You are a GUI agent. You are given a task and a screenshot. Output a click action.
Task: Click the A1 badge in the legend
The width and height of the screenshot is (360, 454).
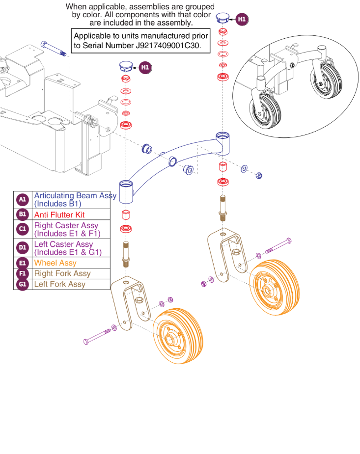click(x=22, y=199)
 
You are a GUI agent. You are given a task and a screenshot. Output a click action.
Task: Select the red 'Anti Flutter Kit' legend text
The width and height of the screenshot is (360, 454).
click(x=59, y=215)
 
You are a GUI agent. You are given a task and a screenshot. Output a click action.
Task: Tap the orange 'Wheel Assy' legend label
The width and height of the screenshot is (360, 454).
click(x=55, y=263)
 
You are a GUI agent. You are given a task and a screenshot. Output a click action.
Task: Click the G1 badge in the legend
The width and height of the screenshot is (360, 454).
click(x=22, y=284)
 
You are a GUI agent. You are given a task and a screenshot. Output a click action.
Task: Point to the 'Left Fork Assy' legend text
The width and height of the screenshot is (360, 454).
click(x=59, y=284)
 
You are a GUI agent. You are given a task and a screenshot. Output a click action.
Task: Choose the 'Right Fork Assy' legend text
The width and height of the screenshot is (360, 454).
click(x=62, y=273)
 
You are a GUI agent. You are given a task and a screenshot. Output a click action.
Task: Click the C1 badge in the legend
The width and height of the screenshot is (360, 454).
click(x=22, y=229)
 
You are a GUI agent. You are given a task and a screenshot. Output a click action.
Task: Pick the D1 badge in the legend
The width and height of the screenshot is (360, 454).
click(x=22, y=247)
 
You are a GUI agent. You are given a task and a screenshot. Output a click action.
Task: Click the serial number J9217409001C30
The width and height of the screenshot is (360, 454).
click(x=167, y=46)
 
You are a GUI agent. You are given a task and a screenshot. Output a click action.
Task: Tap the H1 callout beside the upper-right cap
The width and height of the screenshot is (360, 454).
click(x=242, y=19)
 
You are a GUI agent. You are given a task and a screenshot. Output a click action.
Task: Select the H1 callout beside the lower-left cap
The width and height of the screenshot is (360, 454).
click(x=145, y=67)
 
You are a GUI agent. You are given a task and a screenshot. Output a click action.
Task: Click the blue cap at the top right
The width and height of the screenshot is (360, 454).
click(x=222, y=17)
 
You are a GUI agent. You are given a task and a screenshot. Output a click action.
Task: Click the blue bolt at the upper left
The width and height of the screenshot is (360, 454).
click(x=54, y=49)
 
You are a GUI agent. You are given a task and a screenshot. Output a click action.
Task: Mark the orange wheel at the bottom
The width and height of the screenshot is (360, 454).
click(x=177, y=336)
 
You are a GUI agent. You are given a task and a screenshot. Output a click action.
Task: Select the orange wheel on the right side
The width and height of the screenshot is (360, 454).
click(x=274, y=287)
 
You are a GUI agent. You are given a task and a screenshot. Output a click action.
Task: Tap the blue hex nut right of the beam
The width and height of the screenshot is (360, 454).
click(x=259, y=175)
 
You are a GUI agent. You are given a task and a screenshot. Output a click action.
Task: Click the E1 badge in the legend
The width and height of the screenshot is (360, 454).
click(x=22, y=263)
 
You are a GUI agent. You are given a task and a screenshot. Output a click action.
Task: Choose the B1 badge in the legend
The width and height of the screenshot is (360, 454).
click(x=22, y=214)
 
